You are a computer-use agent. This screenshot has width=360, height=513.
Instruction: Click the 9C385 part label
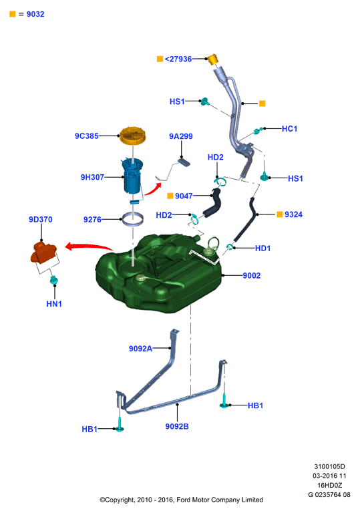[86, 136]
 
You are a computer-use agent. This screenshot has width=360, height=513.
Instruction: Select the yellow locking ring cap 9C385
[132, 136]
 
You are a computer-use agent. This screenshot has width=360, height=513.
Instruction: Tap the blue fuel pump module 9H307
[132, 176]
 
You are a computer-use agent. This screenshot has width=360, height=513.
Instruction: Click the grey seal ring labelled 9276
[132, 218]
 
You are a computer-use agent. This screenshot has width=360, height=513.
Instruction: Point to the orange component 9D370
[43, 252]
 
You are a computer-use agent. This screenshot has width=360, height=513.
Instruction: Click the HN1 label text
[54, 304]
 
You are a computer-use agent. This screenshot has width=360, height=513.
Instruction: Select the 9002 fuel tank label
[251, 275]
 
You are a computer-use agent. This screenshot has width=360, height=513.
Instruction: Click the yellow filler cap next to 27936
[212, 59]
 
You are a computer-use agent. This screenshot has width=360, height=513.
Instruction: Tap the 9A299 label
[180, 136]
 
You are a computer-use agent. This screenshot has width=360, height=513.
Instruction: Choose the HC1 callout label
[289, 129]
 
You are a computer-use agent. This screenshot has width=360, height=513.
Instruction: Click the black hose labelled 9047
[212, 204]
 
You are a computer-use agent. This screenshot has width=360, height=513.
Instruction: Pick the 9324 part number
[293, 214]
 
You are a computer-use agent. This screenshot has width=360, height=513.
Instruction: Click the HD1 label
[262, 248]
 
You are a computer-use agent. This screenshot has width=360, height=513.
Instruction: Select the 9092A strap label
[140, 349]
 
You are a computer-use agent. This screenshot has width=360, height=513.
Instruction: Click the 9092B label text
[177, 426]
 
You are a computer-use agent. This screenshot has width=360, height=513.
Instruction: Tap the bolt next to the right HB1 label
[224, 401]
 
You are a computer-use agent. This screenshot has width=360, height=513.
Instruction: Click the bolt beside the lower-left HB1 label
[120, 424]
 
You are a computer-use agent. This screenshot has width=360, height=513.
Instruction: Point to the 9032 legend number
[35, 14]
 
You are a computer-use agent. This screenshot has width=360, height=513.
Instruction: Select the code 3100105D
[329, 466]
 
